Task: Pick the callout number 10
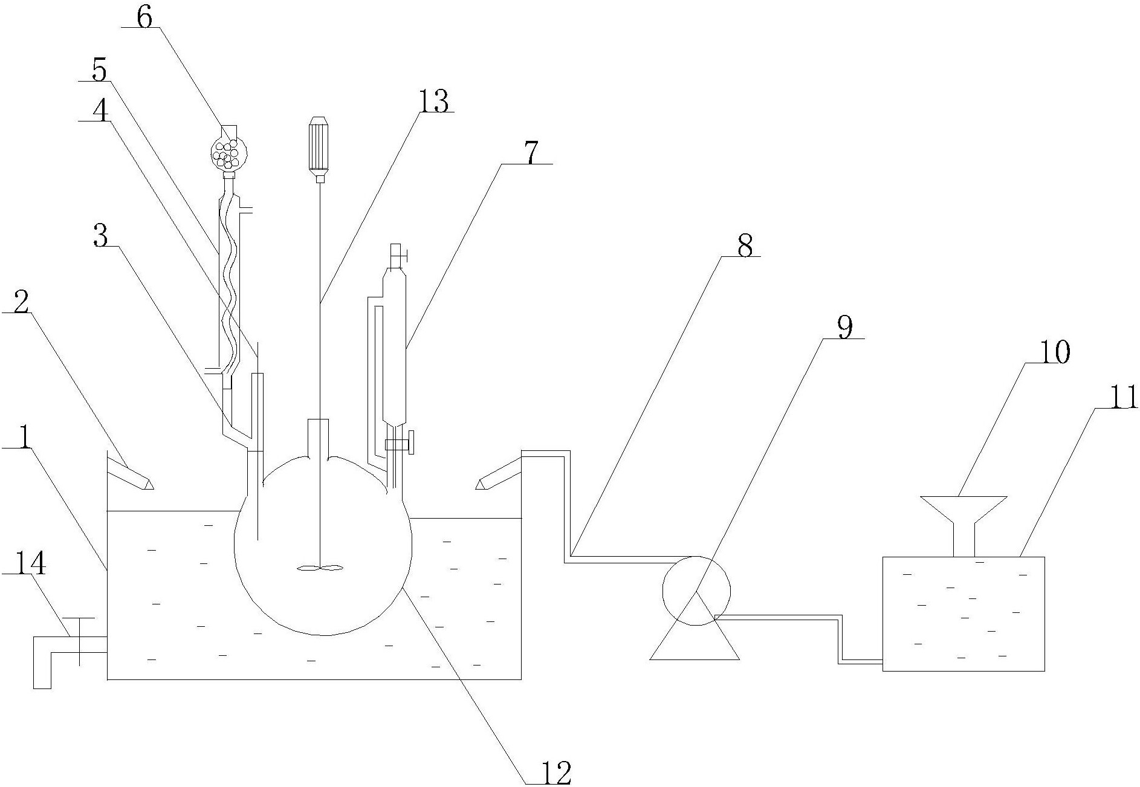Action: (x=1055, y=352)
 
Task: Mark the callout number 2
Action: (x=21, y=303)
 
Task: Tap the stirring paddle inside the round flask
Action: (x=320, y=568)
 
